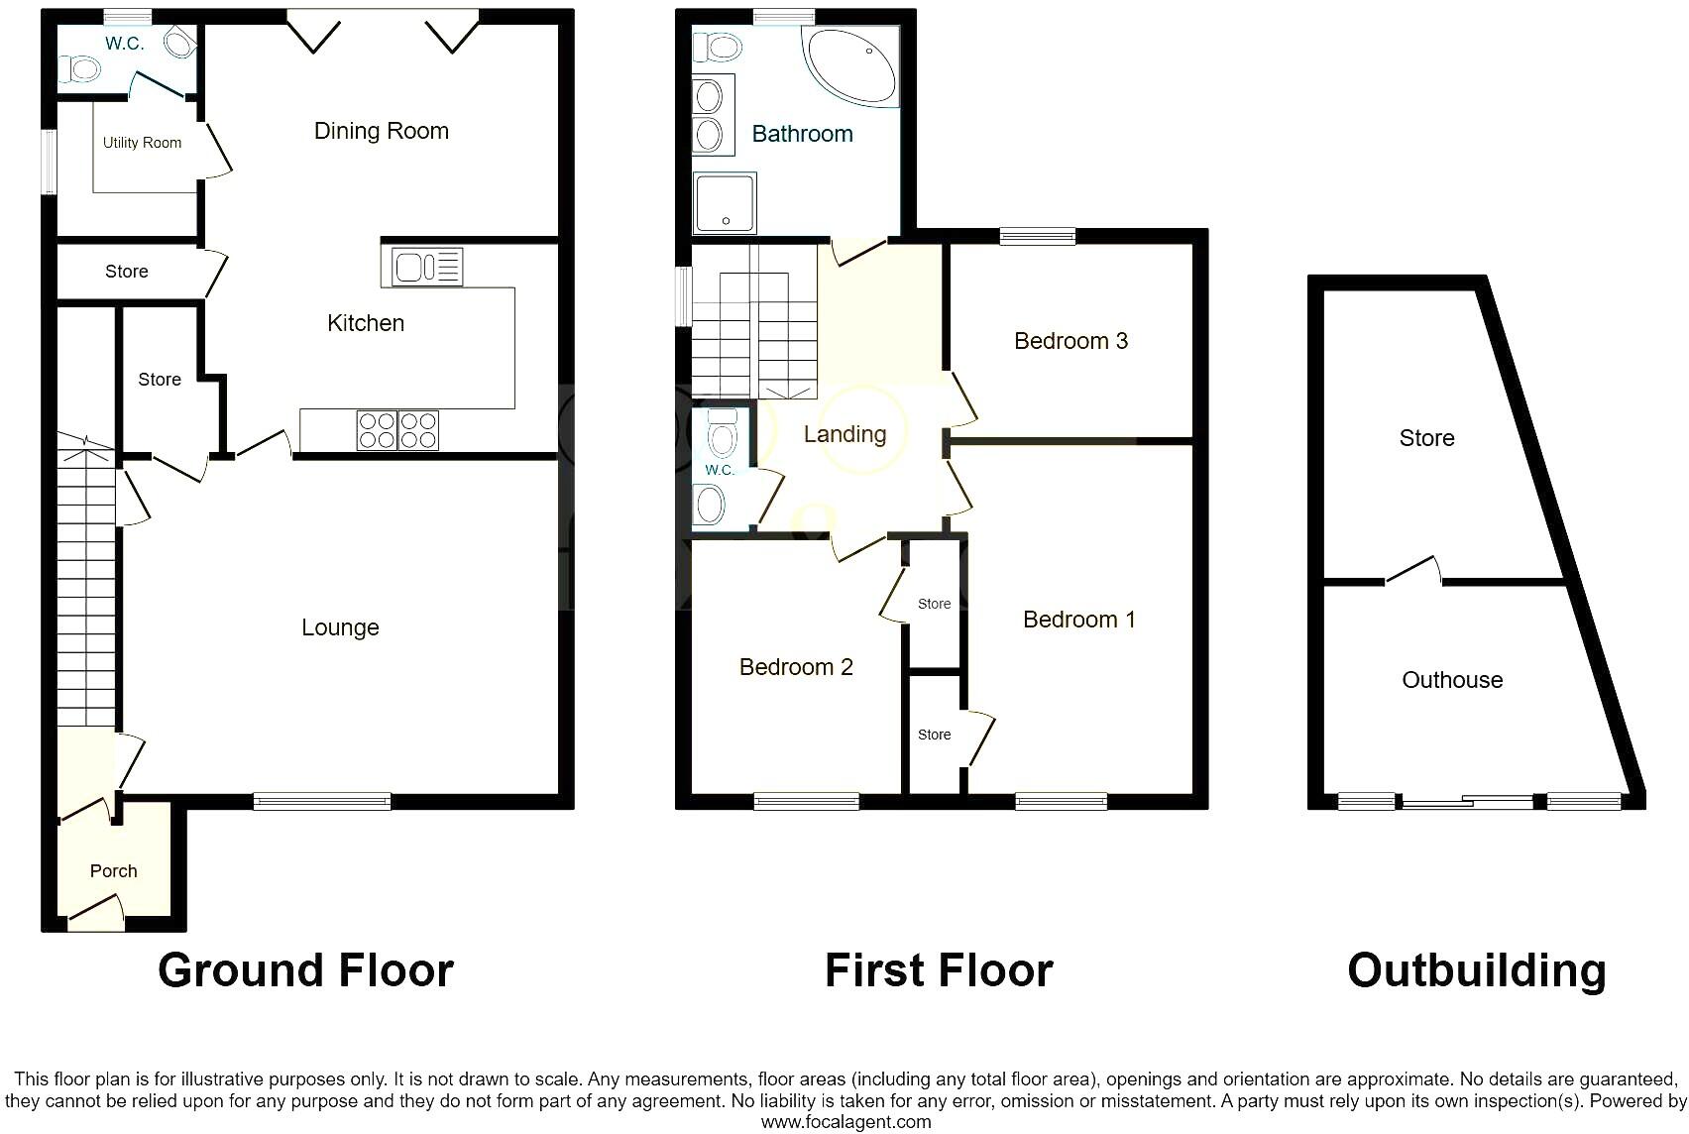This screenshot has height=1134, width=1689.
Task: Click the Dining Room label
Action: click(x=381, y=131)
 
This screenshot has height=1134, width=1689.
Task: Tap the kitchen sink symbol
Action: click(x=427, y=267)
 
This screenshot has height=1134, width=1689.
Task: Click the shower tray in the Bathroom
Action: click(x=725, y=202)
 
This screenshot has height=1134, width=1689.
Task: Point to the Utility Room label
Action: click(x=142, y=143)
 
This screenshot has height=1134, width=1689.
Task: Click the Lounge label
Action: click(x=340, y=627)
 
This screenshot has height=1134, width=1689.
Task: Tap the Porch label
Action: click(x=113, y=871)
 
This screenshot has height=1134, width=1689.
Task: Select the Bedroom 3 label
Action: click(x=1070, y=341)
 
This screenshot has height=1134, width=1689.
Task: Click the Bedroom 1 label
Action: click(x=1078, y=620)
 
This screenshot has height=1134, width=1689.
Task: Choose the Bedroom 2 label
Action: click(x=796, y=667)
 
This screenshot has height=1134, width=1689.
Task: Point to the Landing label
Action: click(x=844, y=434)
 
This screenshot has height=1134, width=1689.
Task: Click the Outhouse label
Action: click(x=1452, y=680)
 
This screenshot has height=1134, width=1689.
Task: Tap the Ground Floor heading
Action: click(x=305, y=970)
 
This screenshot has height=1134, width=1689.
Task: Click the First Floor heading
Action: click(x=939, y=970)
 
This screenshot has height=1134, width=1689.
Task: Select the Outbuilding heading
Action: click(x=1476, y=970)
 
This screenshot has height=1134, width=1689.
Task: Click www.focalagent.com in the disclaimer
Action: click(x=845, y=1122)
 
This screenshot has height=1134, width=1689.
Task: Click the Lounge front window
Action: click(x=322, y=801)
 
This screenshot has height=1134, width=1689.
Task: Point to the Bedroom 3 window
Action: click(x=1037, y=236)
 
